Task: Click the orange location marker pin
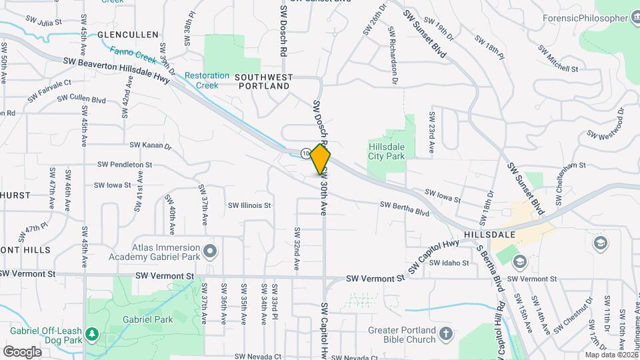(321, 159)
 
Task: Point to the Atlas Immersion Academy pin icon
(211, 251)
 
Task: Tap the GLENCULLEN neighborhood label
(128, 34)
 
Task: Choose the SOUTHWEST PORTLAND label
(263, 82)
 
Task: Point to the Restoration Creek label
(207, 81)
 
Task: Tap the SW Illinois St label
(249, 206)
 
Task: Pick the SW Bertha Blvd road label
(405, 209)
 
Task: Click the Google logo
(22, 351)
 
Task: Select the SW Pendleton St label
(125, 164)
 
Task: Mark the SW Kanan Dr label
(151, 145)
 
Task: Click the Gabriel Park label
(147, 319)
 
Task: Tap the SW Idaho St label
(449, 263)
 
